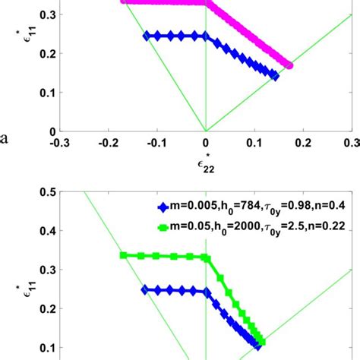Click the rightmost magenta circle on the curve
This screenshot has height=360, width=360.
point(289,65)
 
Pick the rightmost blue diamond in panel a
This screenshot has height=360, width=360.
point(275,76)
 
